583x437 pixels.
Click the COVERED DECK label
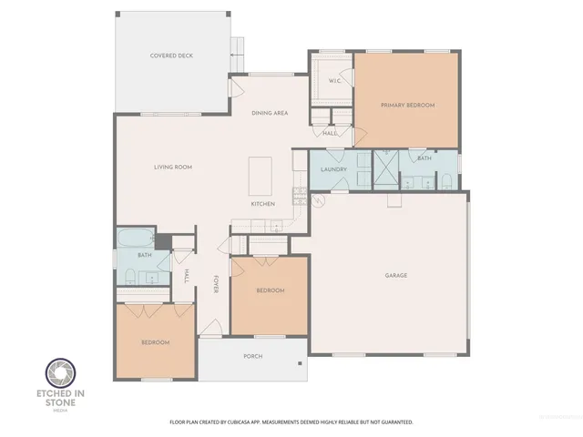click(x=171, y=56)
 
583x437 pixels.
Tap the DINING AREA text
click(x=270, y=112)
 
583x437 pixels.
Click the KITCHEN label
click(x=263, y=203)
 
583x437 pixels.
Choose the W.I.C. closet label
click(x=333, y=81)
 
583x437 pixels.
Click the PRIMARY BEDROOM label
click(x=407, y=106)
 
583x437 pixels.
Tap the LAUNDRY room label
click(x=333, y=168)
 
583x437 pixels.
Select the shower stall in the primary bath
click(x=385, y=169)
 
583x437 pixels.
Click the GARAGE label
click(x=395, y=275)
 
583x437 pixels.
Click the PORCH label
click(x=253, y=356)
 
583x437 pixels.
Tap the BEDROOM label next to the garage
click(x=270, y=290)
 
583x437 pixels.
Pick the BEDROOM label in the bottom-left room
click(x=155, y=342)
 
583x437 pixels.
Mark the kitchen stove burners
click(x=298, y=193)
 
